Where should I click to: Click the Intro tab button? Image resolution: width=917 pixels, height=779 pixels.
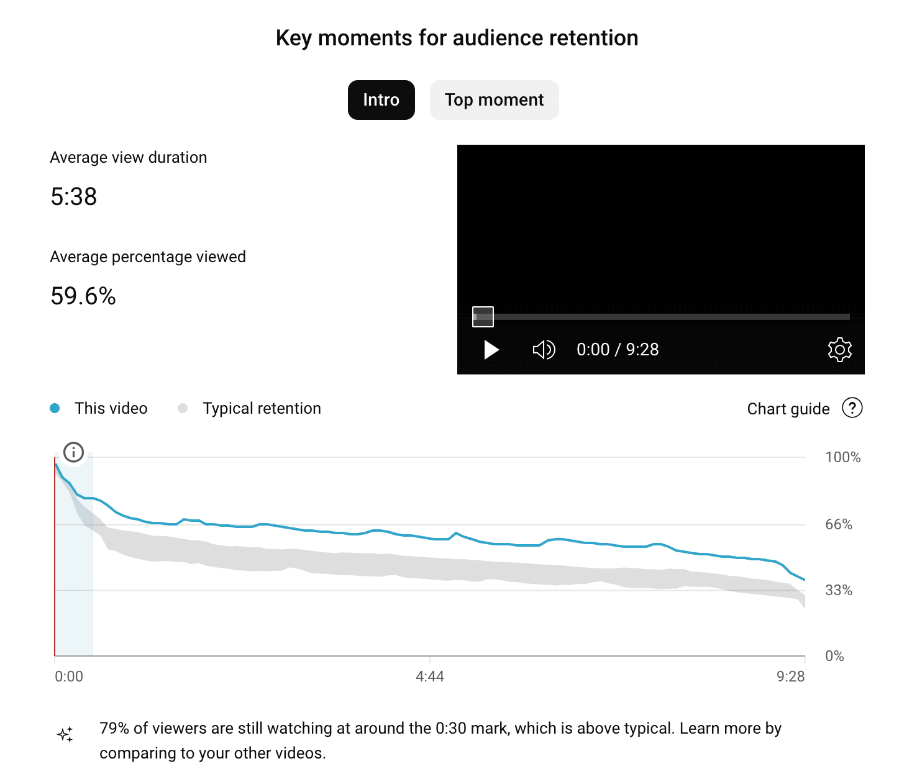click(x=381, y=100)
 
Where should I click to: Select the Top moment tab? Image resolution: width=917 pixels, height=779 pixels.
click(x=494, y=100)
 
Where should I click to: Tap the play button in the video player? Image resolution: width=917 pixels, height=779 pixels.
click(x=491, y=350)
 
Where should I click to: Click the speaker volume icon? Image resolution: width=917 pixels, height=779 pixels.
click(x=544, y=350)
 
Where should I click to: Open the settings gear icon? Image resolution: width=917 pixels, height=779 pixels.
click(x=839, y=350)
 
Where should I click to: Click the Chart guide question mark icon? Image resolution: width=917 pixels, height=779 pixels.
click(x=852, y=408)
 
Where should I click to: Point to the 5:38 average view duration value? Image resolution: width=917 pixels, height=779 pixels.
click(x=74, y=197)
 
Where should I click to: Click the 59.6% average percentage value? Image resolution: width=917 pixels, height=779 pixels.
click(x=83, y=296)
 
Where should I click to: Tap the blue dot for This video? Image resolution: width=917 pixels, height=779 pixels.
click(x=55, y=408)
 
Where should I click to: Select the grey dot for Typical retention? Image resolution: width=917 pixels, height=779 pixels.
click(x=183, y=408)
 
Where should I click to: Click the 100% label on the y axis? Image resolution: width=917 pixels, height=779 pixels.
click(x=842, y=458)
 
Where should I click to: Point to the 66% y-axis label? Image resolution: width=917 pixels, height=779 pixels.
click(x=839, y=525)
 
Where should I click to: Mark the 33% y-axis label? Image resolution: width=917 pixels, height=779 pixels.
click(x=839, y=591)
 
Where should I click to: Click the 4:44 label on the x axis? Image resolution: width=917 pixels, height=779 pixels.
click(x=430, y=677)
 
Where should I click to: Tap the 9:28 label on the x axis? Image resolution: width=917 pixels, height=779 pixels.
click(x=790, y=677)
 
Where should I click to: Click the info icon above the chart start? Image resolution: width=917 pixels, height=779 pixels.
click(x=73, y=452)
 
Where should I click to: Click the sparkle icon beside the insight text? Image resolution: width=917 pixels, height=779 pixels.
click(x=65, y=734)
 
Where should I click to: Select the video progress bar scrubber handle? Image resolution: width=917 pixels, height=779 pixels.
click(x=483, y=317)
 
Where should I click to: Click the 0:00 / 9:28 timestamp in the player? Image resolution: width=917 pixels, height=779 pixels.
click(x=618, y=350)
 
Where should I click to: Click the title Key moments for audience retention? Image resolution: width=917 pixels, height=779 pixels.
click(x=457, y=39)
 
